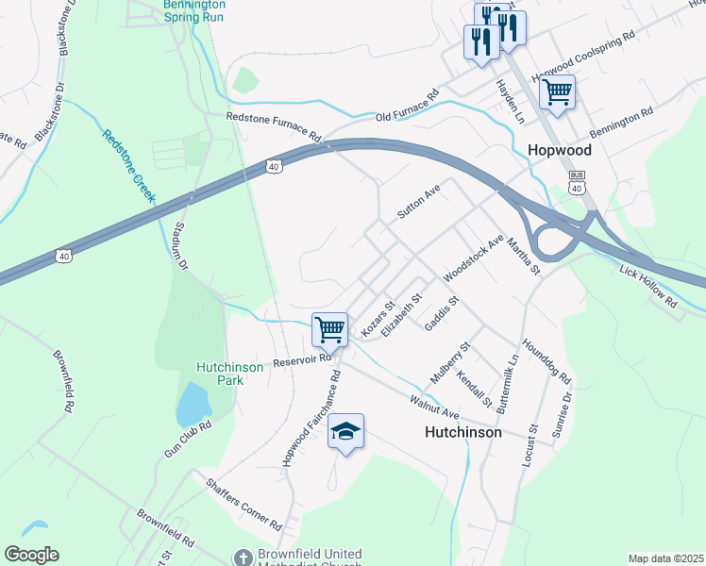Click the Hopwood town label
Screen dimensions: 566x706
pos(559,150)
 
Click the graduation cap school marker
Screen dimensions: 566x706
pos(346,432)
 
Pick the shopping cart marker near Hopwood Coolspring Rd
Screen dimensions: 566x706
pos(557,92)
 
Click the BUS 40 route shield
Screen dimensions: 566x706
pos(576,182)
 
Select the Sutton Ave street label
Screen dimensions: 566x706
pos(419,202)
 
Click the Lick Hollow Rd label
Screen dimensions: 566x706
pos(648,288)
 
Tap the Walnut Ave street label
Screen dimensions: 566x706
pos(433,408)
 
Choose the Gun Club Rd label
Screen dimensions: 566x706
pos(187,440)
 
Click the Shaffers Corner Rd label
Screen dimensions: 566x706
pos(244,502)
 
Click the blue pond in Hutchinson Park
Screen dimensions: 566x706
pos(193,404)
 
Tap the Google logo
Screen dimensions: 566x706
pos(31,554)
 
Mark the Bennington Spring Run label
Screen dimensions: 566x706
pos(193,10)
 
